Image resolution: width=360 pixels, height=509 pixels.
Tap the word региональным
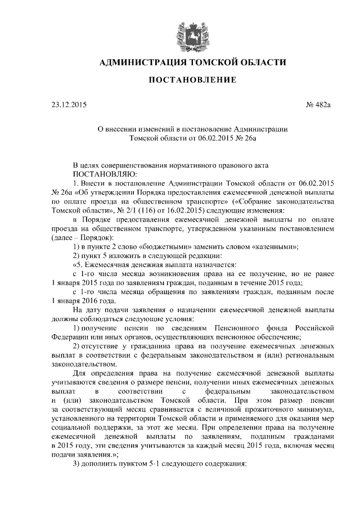312,354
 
